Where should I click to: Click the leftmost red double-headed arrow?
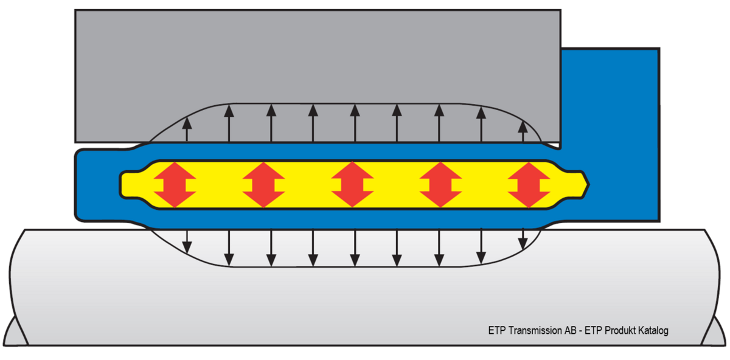(x=175, y=185)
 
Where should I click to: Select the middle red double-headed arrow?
(x=352, y=185)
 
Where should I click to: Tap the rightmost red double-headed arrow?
(x=529, y=185)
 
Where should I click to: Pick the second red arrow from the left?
(x=263, y=185)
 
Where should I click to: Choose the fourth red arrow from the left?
(x=440, y=185)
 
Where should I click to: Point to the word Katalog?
(x=653, y=331)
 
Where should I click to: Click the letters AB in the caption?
(x=571, y=331)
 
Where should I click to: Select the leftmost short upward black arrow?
(x=187, y=130)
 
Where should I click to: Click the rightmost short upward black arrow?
(x=523, y=131)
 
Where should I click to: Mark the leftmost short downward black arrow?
(x=187, y=241)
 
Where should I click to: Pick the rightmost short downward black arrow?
(x=523, y=239)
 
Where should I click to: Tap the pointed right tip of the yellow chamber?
(x=588, y=185)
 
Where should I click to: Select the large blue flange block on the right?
(x=610, y=135)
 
